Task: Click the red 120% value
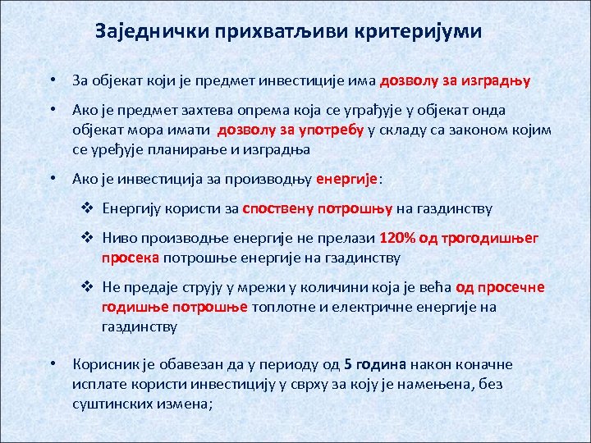pyautogui.click(x=397, y=239)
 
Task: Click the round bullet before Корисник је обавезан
pyautogui.click(x=52, y=364)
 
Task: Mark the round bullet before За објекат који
pyautogui.click(x=52, y=80)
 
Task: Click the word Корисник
pyautogui.click(x=101, y=364)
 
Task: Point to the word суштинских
pyautogui.click(x=108, y=403)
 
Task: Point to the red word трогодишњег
pyautogui.click(x=491, y=239)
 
